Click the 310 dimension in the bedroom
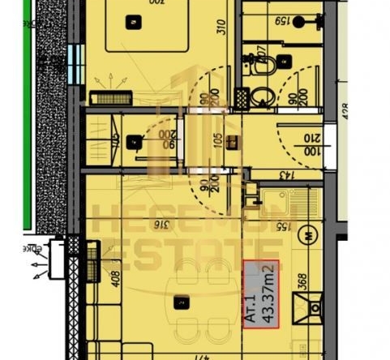click(x=220, y=36)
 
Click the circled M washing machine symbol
click(x=309, y=237)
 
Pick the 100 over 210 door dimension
click(x=311, y=144)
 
